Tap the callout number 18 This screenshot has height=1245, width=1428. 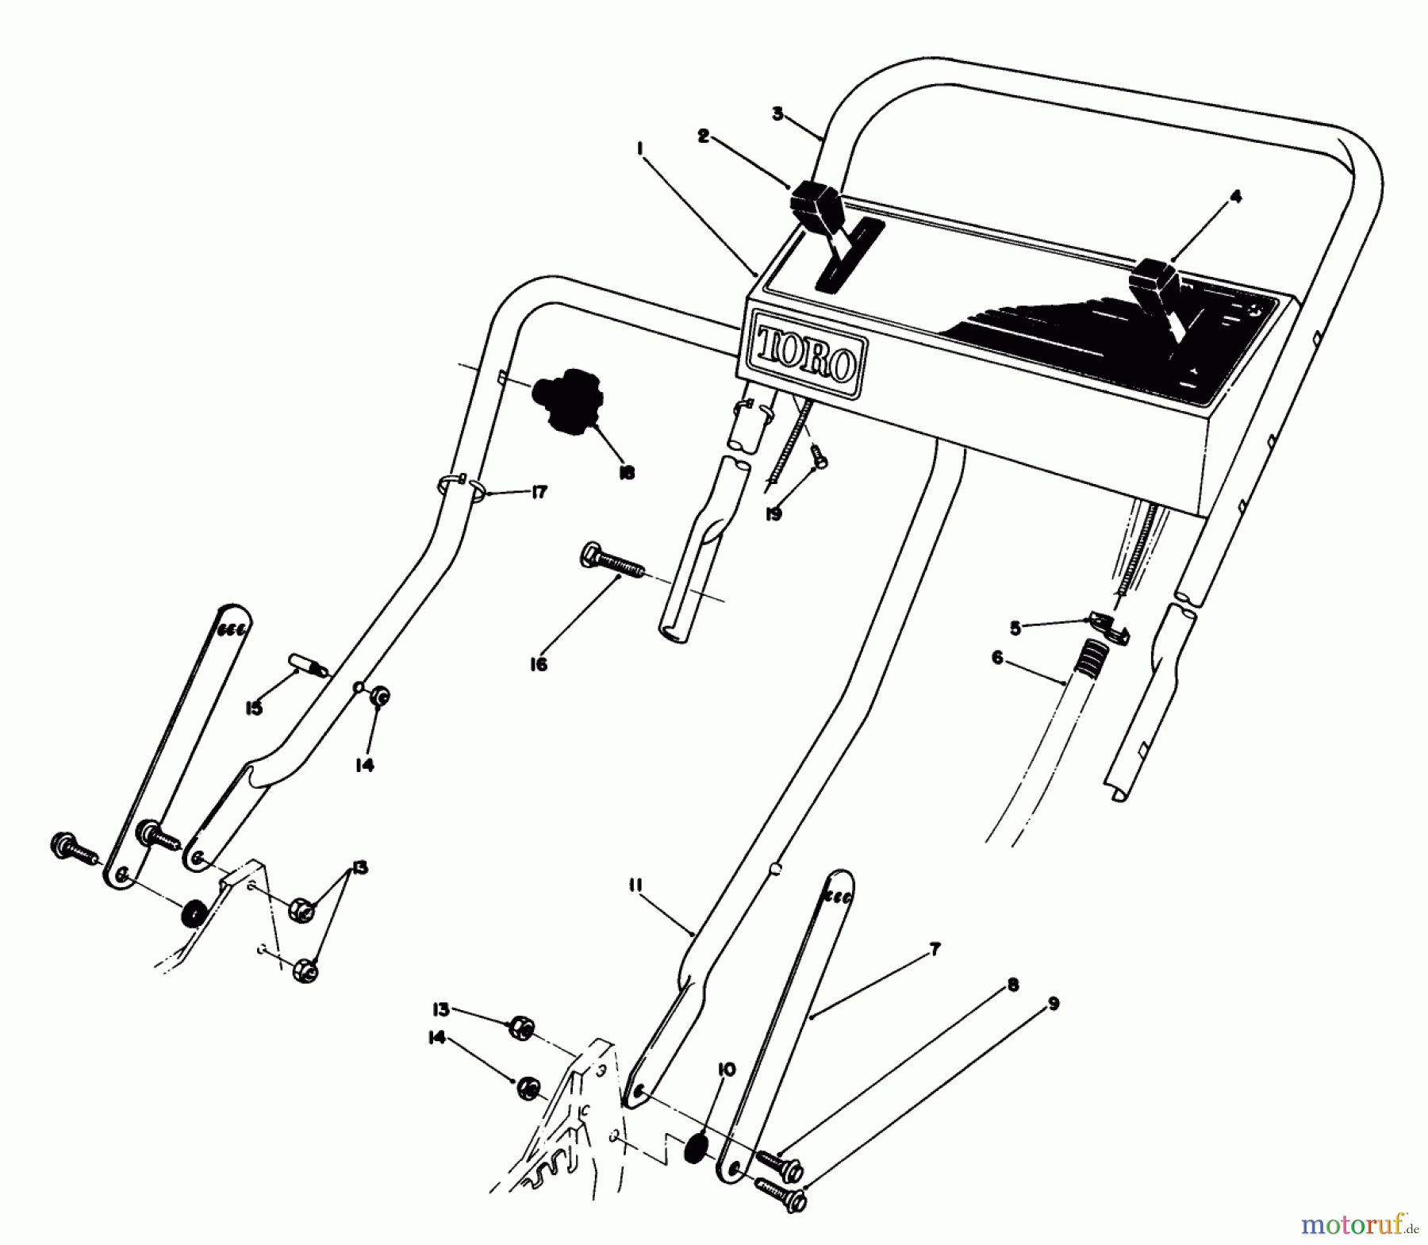click(626, 473)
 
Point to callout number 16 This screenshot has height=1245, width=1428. click(539, 664)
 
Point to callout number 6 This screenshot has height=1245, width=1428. click(997, 658)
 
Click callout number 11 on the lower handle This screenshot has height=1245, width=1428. click(637, 885)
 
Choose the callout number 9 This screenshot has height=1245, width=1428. click(1054, 1004)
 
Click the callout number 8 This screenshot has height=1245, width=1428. click(1012, 985)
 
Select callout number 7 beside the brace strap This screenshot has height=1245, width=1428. click(935, 948)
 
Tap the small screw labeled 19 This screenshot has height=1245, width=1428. click(818, 455)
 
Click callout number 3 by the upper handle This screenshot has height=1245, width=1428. click(777, 114)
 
